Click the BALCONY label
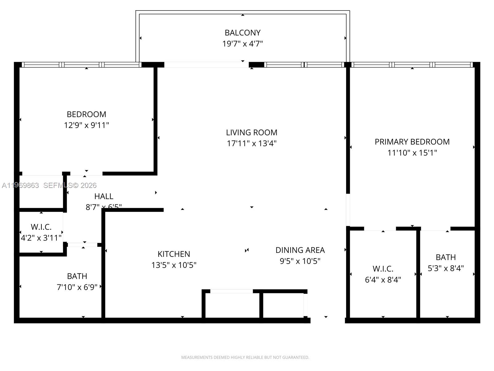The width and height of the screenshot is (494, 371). pyautogui.click(x=242, y=32)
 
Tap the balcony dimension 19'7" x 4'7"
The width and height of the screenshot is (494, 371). pyautogui.click(x=242, y=44)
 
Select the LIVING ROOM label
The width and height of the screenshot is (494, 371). pyautogui.click(x=251, y=132)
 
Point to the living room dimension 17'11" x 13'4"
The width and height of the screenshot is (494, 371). pyautogui.click(x=251, y=143)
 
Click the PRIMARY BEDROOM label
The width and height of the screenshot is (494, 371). pyautogui.click(x=412, y=142)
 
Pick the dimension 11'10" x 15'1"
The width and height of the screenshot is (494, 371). pyautogui.click(x=412, y=153)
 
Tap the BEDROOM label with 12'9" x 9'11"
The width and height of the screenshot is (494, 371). pyautogui.click(x=86, y=114)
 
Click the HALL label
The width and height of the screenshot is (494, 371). pyautogui.click(x=103, y=196)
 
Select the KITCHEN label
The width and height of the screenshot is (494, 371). pyautogui.click(x=174, y=254)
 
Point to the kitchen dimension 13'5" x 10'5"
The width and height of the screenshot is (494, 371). pyautogui.click(x=174, y=265)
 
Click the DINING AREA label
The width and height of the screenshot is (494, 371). pyautogui.click(x=300, y=250)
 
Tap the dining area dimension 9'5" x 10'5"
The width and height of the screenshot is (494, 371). pyautogui.click(x=300, y=261)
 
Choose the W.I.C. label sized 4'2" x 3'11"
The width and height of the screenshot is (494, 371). pyautogui.click(x=41, y=227)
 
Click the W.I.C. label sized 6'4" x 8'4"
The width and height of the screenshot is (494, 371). pyautogui.click(x=383, y=268)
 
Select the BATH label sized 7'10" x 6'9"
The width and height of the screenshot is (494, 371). pyautogui.click(x=77, y=276)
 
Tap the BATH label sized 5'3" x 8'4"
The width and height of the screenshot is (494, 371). pyautogui.click(x=446, y=257)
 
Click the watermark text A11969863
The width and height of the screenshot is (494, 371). pyautogui.click(x=20, y=185)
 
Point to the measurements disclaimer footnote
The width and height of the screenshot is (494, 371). pyautogui.click(x=245, y=357)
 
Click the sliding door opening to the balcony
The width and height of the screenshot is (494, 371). pyautogui.click(x=206, y=65)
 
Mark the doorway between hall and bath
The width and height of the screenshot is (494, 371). pyautogui.click(x=82, y=245)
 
